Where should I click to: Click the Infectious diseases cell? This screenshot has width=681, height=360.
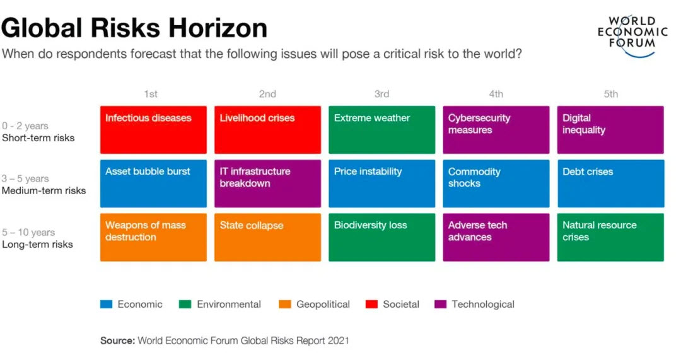pyautogui.click(x=153, y=129)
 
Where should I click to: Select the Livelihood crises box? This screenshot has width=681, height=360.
pyautogui.click(x=267, y=129)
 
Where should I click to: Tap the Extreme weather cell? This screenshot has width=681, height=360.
pyautogui.click(x=381, y=129)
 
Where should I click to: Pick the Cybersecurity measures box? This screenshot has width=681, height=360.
pyautogui.click(x=496, y=129)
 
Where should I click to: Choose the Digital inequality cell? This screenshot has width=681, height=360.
pyautogui.click(x=610, y=129)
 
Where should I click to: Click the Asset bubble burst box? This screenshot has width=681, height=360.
pyautogui.click(x=153, y=183)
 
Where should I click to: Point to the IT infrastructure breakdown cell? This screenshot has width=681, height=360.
pyautogui.click(x=267, y=183)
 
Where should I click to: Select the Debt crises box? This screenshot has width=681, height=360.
pyautogui.click(x=610, y=183)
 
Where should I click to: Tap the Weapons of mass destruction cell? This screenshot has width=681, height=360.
pyautogui.click(x=153, y=237)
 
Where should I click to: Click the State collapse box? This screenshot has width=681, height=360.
pyautogui.click(x=267, y=237)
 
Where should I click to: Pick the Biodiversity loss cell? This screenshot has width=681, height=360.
pyautogui.click(x=381, y=237)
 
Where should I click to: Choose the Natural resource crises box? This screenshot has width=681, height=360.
pyautogui.click(x=610, y=237)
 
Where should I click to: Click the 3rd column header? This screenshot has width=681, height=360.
pyautogui.click(x=381, y=94)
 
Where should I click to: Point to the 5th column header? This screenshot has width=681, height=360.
pyautogui.click(x=610, y=94)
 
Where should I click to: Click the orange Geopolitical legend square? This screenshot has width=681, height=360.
pyautogui.click(x=284, y=304)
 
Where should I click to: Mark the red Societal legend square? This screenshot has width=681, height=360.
pyautogui.click(x=371, y=304)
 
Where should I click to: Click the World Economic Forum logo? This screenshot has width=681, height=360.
pyautogui.click(x=632, y=34)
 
